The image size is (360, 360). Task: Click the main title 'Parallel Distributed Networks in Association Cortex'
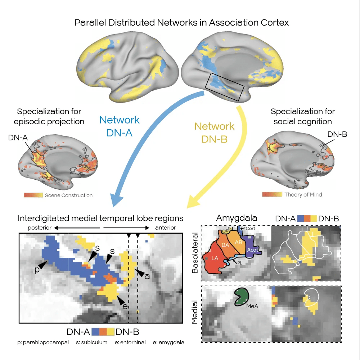pos(181,23)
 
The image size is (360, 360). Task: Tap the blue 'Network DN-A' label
pos(119,126)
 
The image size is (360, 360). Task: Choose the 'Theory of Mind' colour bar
pos(272,194)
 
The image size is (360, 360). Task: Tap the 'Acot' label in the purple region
pos(252,250)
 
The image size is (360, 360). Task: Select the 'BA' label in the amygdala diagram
pos(226,245)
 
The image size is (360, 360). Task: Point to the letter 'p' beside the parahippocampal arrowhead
pos(37,270)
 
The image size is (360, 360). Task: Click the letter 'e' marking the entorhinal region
pos(125,306)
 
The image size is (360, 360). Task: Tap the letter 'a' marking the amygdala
pos(147,276)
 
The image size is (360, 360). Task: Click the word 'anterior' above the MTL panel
pos(165,228)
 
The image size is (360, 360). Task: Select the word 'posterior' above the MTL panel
pos(39,228)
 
